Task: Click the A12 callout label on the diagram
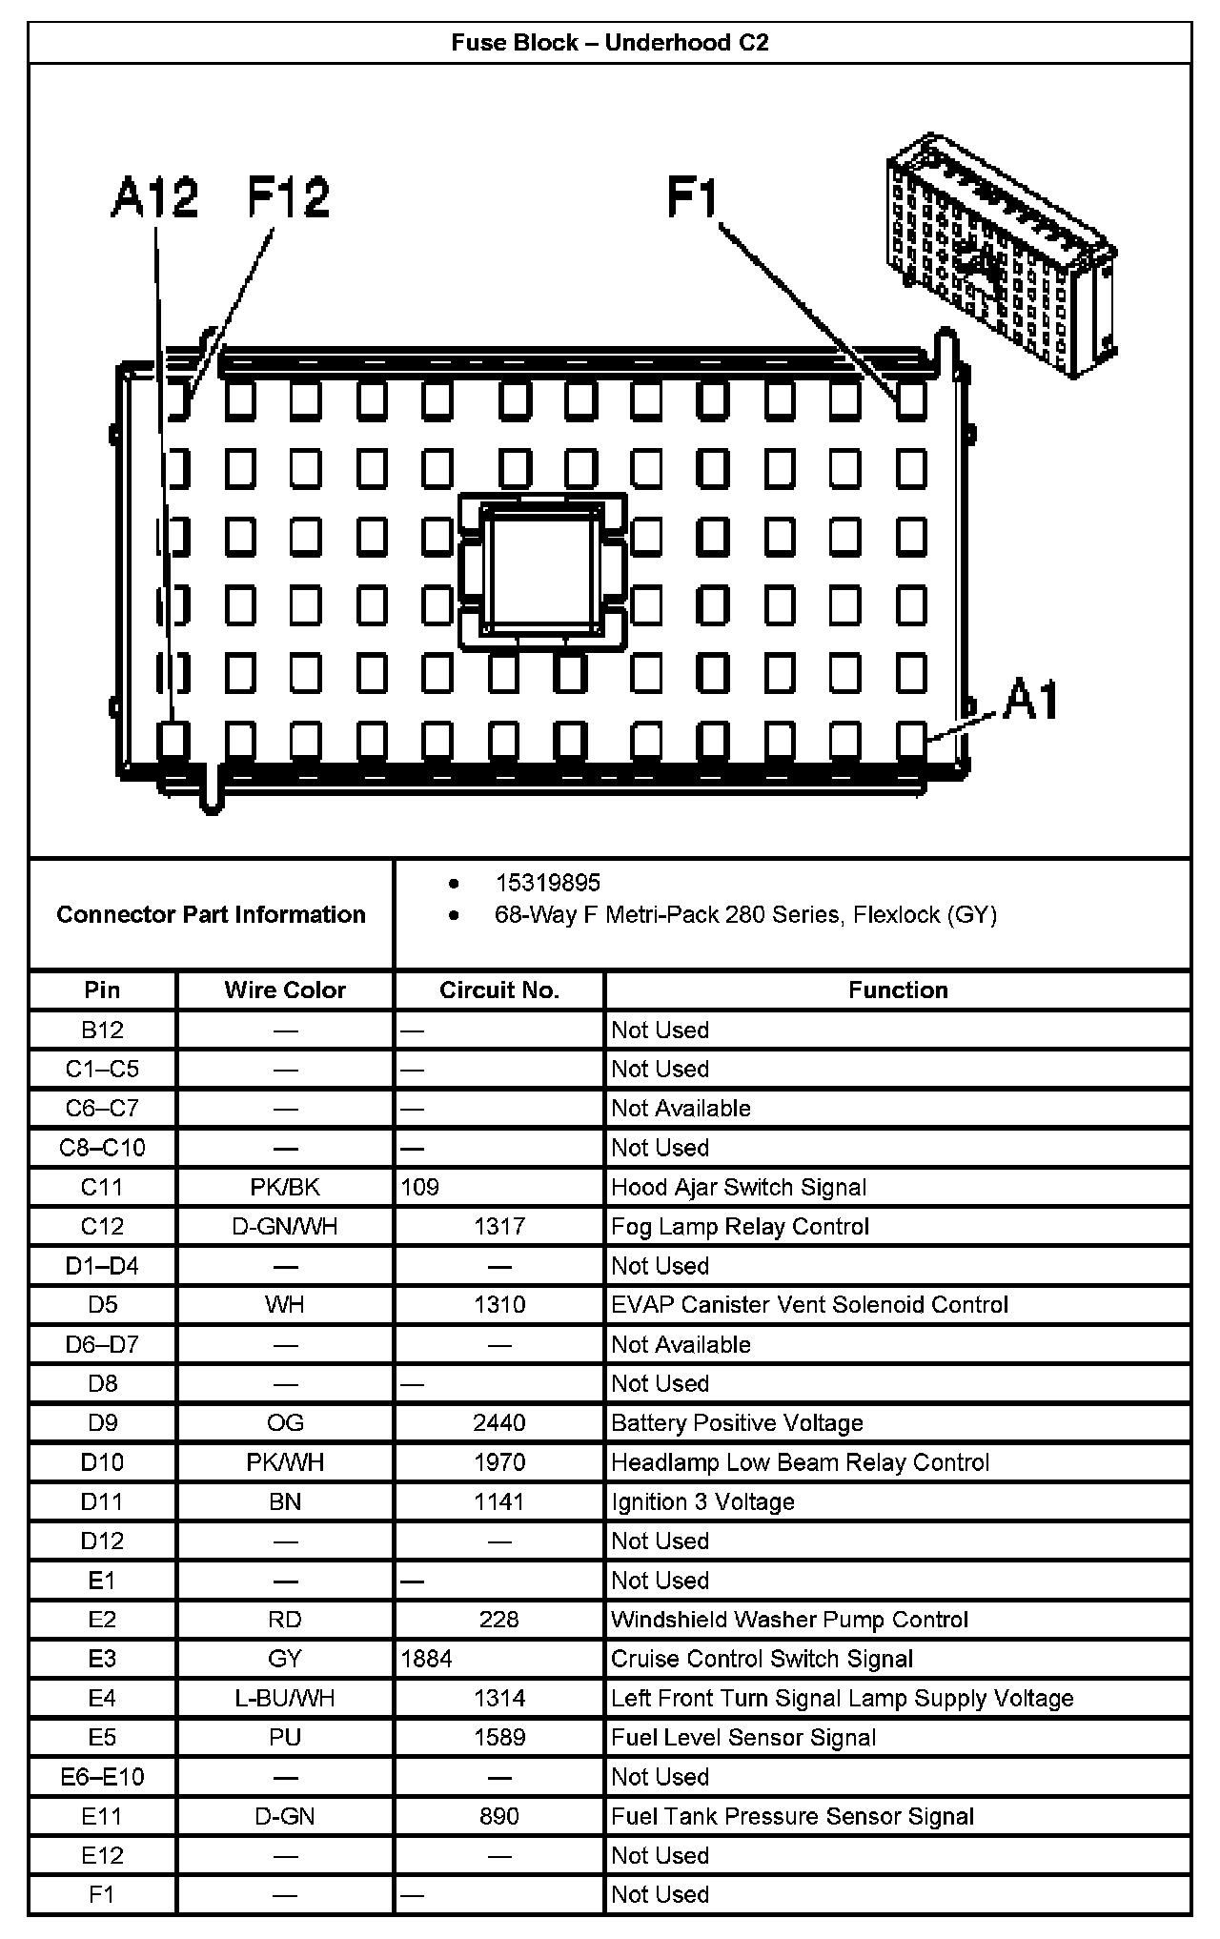click(x=154, y=197)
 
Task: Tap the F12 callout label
click(x=288, y=197)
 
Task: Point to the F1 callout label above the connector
click(x=693, y=198)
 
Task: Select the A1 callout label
click(x=1031, y=701)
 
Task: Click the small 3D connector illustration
click(x=999, y=255)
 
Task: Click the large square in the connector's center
click(x=542, y=570)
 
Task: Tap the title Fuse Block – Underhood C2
click(x=610, y=43)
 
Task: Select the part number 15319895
click(x=547, y=883)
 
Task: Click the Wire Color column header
click(x=285, y=990)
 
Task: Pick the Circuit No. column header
click(x=499, y=990)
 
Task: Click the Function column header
click(x=898, y=990)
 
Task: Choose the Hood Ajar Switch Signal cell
click(x=739, y=1187)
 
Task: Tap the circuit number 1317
click(x=499, y=1226)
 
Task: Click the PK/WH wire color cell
click(x=285, y=1462)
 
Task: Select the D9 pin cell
click(x=102, y=1422)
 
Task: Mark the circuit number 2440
click(x=499, y=1422)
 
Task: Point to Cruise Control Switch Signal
click(x=762, y=1659)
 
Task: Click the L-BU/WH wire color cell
click(x=285, y=1698)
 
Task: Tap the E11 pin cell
click(x=102, y=1816)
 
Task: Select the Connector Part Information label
click(x=211, y=914)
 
